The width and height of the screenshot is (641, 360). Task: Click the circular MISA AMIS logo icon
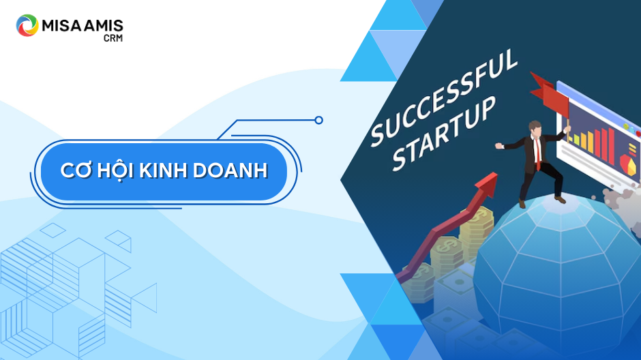27,25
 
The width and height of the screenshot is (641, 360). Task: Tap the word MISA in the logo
61,26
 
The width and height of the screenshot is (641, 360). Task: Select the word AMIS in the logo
103,26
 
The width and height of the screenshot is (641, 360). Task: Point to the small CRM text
113,38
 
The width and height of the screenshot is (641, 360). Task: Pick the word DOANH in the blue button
230,171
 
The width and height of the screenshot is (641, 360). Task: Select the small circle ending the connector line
319,120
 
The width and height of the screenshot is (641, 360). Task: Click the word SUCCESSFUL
443,97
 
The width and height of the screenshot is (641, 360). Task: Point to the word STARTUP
443,134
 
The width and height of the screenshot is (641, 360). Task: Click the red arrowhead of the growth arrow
486,183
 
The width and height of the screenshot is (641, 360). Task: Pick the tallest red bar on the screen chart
611,146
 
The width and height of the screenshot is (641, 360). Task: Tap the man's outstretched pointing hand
498,145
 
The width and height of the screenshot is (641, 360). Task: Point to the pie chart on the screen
628,164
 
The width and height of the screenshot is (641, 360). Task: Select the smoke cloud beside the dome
621,200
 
